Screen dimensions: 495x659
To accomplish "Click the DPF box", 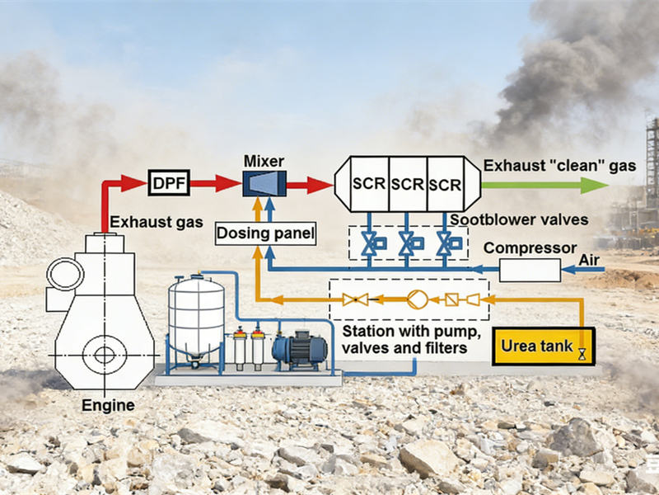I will [x=169, y=181].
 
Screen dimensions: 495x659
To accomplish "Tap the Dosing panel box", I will [x=265, y=234].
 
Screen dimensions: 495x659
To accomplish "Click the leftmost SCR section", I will [x=368, y=183].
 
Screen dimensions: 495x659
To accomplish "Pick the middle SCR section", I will [x=407, y=183].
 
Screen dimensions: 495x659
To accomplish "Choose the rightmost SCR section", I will [x=445, y=183].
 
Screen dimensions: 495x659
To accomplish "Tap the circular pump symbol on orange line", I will [x=417, y=299].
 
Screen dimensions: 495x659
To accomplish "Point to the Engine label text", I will [x=108, y=405].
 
